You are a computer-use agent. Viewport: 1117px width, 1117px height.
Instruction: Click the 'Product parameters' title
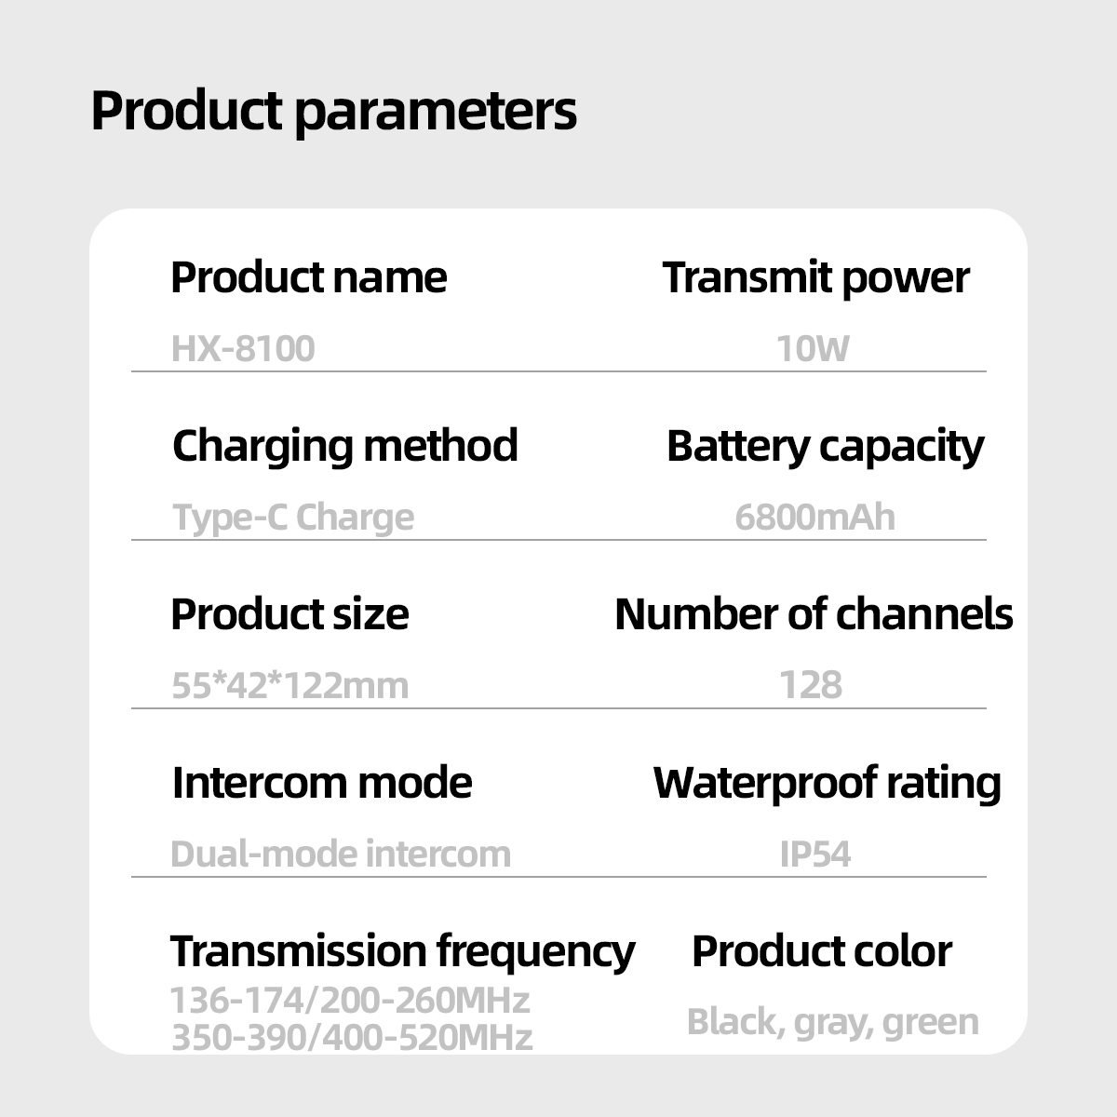point(333,112)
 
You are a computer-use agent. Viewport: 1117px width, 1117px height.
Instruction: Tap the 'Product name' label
point(308,277)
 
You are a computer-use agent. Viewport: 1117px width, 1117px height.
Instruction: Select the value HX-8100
point(243,349)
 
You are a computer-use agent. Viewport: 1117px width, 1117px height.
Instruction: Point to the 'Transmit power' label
point(815,277)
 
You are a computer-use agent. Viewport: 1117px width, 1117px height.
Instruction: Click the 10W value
point(813,349)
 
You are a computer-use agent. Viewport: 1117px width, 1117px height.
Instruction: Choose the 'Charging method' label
point(344,446)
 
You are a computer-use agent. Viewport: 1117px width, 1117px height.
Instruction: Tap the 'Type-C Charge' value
point(293,517)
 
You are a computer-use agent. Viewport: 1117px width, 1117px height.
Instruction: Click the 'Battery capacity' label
point(825,446)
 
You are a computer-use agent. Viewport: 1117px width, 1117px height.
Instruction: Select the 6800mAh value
point(814,517)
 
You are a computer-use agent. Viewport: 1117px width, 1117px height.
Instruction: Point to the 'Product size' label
point(289,614)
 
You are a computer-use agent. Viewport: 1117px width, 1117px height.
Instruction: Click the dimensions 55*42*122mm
point(290,686)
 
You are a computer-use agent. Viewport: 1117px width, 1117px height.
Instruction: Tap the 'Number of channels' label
point(814,614)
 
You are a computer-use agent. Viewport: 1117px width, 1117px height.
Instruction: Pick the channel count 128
point(811,686)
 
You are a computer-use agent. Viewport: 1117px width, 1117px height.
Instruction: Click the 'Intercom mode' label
point(322,783)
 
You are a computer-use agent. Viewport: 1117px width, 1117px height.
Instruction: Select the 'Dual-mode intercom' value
point(341,854)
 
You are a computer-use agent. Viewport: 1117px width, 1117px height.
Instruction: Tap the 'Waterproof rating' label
point(827,783)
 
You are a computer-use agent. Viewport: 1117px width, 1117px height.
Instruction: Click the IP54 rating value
point(814,854)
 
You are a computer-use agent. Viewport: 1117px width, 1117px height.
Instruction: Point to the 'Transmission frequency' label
point(402,950)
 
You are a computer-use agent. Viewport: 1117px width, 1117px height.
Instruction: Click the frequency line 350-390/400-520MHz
point(352,1037)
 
